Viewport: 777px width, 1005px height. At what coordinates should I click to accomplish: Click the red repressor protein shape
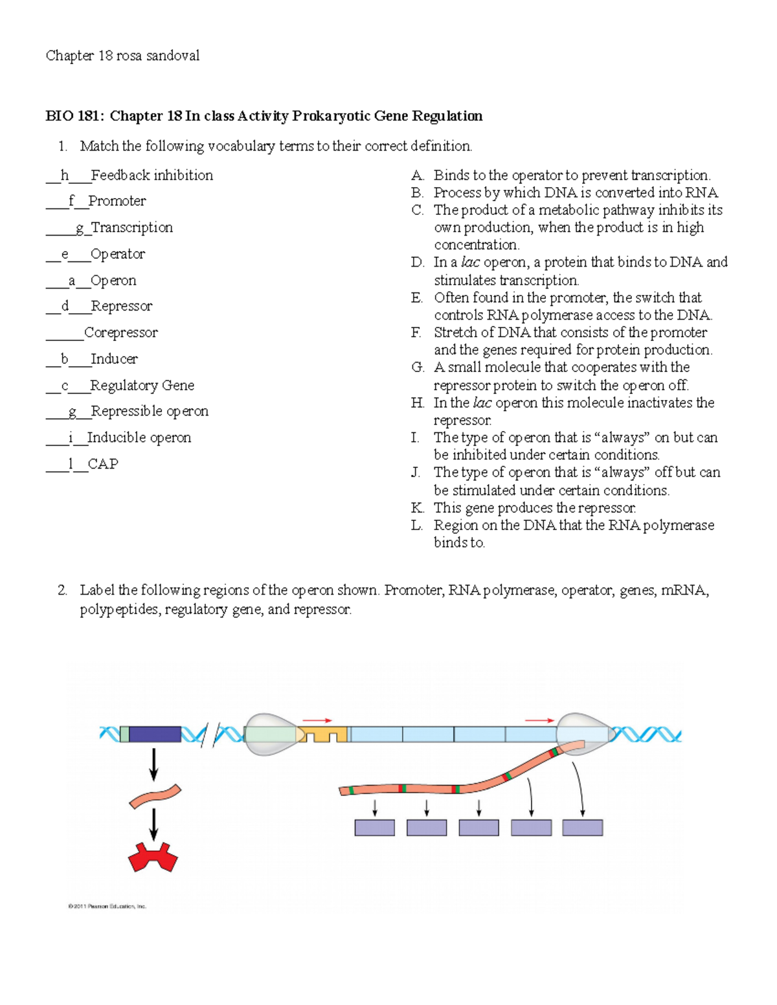(x=153, y=857)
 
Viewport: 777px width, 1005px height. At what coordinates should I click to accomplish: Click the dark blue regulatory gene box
(x=155, y=734)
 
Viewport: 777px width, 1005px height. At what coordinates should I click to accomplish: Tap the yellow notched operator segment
(x=322, y=734)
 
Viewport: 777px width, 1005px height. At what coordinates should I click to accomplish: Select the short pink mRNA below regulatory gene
(x=155, y=797)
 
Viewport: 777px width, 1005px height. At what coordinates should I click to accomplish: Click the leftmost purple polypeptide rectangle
(x=374, y=828)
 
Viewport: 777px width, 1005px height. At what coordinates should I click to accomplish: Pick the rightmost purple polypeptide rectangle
(x=582, y=828)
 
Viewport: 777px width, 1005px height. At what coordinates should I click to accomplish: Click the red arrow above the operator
(x=317, y=720)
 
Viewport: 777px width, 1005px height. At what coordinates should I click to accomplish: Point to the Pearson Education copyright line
(x=107, y=906)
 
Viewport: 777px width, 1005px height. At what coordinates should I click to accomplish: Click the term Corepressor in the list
(x=121, y=333)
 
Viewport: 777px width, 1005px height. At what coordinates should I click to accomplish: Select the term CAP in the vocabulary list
(x=103, y=464)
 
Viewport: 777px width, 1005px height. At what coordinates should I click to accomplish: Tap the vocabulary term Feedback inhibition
(x=152, y=175)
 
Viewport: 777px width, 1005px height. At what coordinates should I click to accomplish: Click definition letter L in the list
(x=416, y=525)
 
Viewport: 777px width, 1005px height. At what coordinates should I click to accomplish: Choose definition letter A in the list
(x=417, y=175)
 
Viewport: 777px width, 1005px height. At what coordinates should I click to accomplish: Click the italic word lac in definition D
(x=470, y=262)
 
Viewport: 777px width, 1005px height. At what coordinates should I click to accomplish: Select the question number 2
(x=62, y=590)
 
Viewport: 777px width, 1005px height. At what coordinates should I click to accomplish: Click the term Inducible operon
(x=139, y=437)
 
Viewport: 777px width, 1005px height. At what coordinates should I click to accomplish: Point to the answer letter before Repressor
(x=65, y=306)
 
